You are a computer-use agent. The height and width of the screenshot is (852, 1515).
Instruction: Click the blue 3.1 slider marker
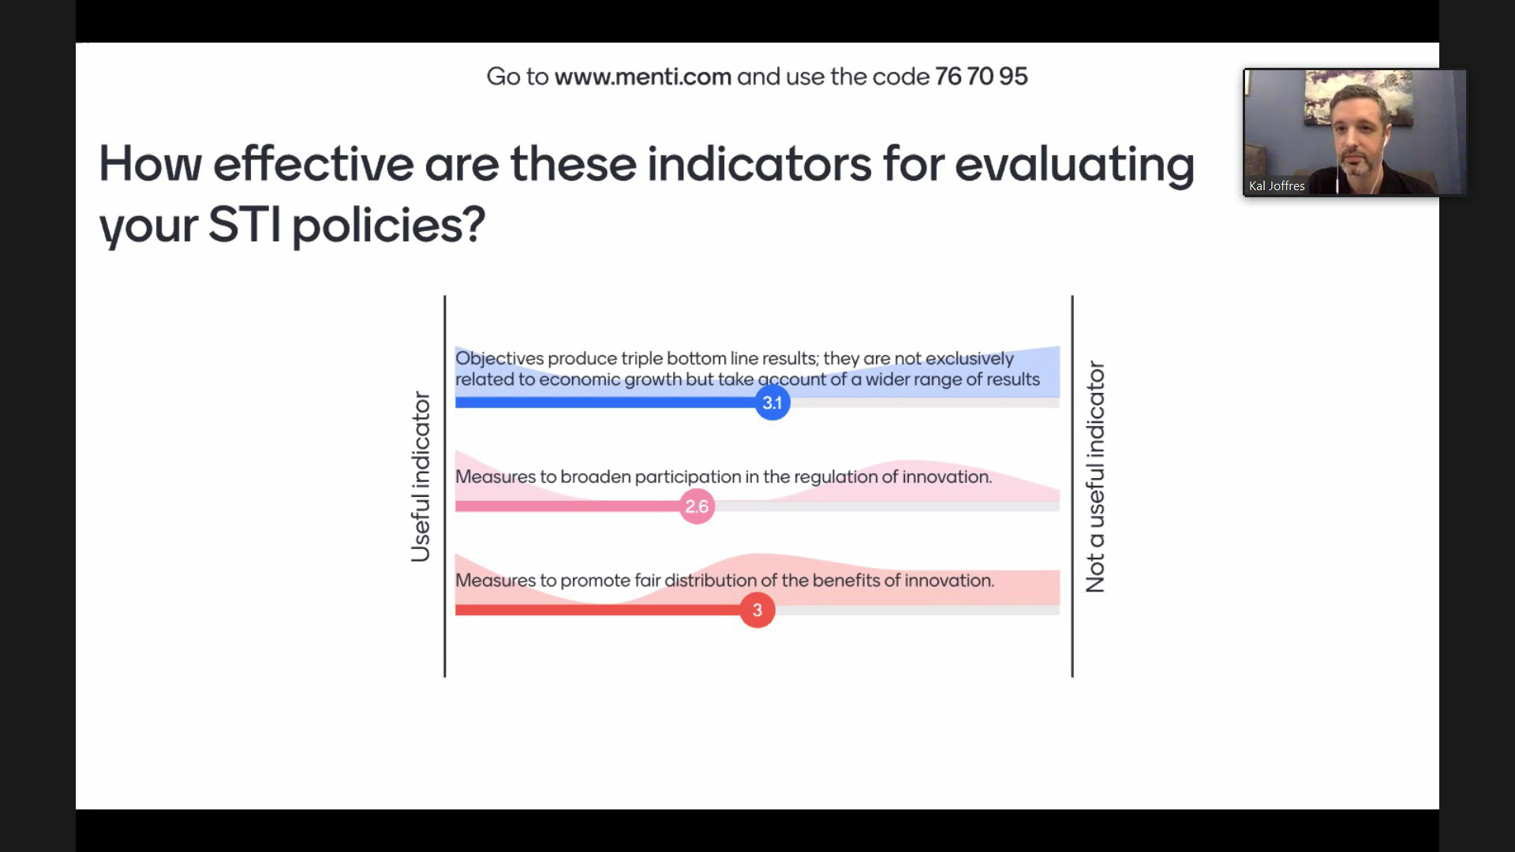pos(772,403)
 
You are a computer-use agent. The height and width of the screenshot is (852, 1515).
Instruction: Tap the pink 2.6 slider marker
pos(697,506)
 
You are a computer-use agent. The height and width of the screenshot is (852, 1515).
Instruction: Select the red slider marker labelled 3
pos(757,610)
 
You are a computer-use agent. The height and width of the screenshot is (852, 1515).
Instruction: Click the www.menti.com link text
pos(642,77)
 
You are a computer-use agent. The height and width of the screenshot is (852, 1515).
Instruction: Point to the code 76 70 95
pos(981,77)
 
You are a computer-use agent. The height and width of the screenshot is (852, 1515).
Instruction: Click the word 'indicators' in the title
pos(759,164)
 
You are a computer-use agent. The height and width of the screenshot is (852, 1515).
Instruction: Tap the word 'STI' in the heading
pos(244,225)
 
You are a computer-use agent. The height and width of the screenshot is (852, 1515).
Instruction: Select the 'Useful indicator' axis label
pos(421,476)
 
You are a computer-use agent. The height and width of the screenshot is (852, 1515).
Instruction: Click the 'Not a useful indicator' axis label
pos(1095,476)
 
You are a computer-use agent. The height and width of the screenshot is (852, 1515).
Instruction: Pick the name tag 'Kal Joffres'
pos(1277,186)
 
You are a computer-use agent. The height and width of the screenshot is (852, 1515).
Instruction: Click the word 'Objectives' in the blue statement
pos(499,359)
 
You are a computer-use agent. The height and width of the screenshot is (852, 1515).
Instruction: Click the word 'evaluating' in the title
pos(1075,166)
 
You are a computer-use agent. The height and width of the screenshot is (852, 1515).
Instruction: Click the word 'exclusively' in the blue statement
pos(970,359)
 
